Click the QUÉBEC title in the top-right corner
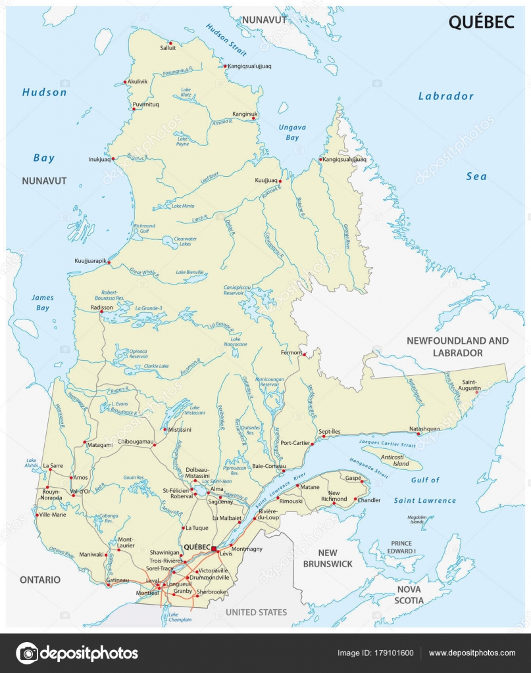pos(481,22)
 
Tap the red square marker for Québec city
pos(214,547)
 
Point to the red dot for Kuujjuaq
pos(280,181)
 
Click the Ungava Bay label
pos(292,132)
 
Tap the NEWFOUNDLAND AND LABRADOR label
pos(457,346)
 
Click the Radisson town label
pos(102,307)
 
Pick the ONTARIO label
pos(39,580)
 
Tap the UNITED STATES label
pos(256,612)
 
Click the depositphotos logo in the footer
pos(77,653)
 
